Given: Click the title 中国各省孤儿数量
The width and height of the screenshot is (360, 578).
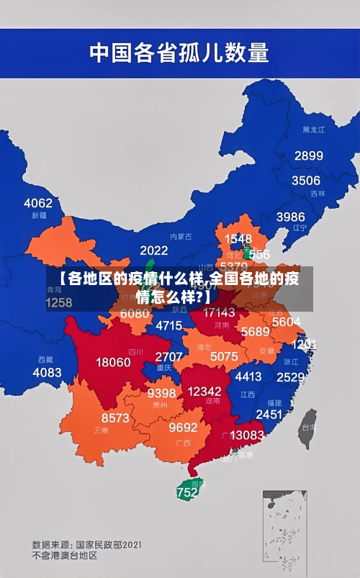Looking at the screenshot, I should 179,53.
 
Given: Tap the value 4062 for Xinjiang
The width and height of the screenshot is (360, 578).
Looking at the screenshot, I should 38,203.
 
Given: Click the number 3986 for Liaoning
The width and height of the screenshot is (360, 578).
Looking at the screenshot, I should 290,216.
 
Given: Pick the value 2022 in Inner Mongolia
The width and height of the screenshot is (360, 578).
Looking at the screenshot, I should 153,250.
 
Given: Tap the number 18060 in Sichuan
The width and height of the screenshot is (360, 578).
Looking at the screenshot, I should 113,362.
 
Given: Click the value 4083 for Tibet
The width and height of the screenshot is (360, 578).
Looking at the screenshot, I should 48,372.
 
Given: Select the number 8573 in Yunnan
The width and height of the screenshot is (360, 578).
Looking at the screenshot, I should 115,417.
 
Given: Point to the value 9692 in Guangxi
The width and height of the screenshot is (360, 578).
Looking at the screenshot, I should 183,428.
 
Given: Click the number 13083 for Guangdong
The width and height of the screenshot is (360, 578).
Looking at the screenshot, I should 247,435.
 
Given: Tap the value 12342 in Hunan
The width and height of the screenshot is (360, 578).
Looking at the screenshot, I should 204,392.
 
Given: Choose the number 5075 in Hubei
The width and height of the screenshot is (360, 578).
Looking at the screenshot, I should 224,356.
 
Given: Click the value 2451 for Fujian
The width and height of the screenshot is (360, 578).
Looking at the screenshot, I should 269,415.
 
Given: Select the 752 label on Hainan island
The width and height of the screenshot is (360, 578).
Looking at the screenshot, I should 187,493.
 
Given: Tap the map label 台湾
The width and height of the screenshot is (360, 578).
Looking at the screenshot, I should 307,426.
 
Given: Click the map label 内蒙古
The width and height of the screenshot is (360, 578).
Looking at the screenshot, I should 181,236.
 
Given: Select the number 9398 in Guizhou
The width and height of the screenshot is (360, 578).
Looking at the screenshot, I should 162,393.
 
